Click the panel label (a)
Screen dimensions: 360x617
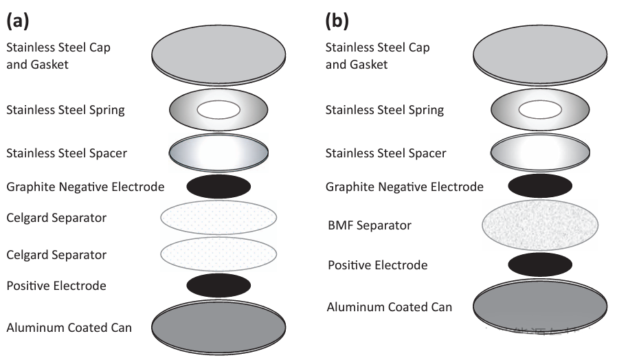pyautogui.click(x=17, y=21)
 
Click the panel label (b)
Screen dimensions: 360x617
pyautogui.click(x=337, y=21)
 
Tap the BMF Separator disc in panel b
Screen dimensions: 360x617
pyautogui.click(x=539, y=225)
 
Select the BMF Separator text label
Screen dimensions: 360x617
pyautogui.click(x=373, y=225)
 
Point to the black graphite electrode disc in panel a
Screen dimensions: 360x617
pyautogui.click(x=218, y=186)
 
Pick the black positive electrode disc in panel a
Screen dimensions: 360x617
pyautogui.click(x=218, y=284)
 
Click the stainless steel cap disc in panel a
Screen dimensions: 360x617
pyautogui.click(x=218, y=55)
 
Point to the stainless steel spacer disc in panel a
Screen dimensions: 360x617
pyautogui.click(x=218, y=153)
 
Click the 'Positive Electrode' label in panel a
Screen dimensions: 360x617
pyautogui.click(x=56, y=285)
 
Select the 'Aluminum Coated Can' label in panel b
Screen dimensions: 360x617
pyautogui.click(x=390, y=306)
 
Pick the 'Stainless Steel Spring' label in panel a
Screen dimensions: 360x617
pyautogui.click(x=65, y=110)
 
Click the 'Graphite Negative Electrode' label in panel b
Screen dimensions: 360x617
pyautogui.click(x=404, y=187)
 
